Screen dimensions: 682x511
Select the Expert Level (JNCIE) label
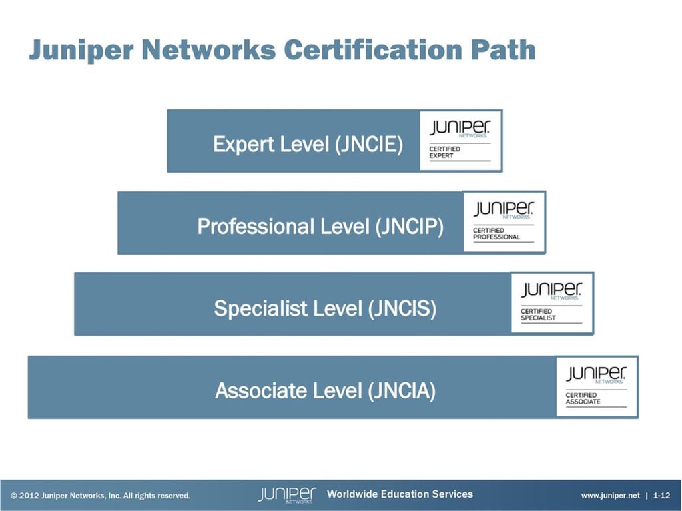pos(308,144)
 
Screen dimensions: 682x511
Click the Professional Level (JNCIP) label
pos(320,227)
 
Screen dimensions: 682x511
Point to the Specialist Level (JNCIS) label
pos(325,308)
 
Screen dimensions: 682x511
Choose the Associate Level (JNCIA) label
pos(325,390)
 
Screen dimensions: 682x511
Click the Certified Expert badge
pos(460,141)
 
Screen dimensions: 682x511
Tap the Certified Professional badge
pos(504,222)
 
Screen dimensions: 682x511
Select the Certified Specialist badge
pos(551,303)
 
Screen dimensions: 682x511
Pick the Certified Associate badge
pos(597,387)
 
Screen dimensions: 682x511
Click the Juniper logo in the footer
pos(287,495)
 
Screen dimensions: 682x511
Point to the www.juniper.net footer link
pos(610,496)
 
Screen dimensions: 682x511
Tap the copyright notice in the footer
pos(101,496)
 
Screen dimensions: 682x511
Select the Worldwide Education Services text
pos(400,494)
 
